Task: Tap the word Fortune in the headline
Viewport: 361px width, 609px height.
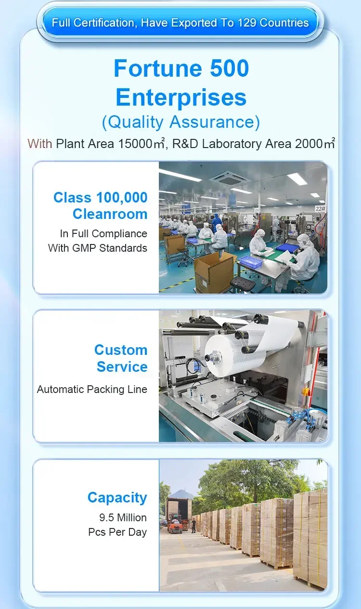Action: [x=158, y=68]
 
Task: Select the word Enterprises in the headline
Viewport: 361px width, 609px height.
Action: [x=181, y=97]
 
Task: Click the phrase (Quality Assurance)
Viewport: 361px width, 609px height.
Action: [x=181, y=122]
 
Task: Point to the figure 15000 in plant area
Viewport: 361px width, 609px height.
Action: [x=135, y=144]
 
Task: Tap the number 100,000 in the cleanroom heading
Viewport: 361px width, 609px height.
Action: [x=122, y=198]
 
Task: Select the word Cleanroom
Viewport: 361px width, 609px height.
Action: [x=110, y=214]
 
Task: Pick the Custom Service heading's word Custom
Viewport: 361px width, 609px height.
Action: [x=121, y=350]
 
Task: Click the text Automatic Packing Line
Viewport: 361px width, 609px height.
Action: [x=92, y=389]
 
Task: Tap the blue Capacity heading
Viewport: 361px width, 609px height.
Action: [x=117, y=498]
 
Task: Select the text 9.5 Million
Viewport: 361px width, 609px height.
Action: [x=123, y=517]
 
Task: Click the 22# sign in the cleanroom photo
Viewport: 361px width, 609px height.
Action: [x=320, y=208]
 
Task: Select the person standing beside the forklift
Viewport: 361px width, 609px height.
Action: [x=193, y=525]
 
